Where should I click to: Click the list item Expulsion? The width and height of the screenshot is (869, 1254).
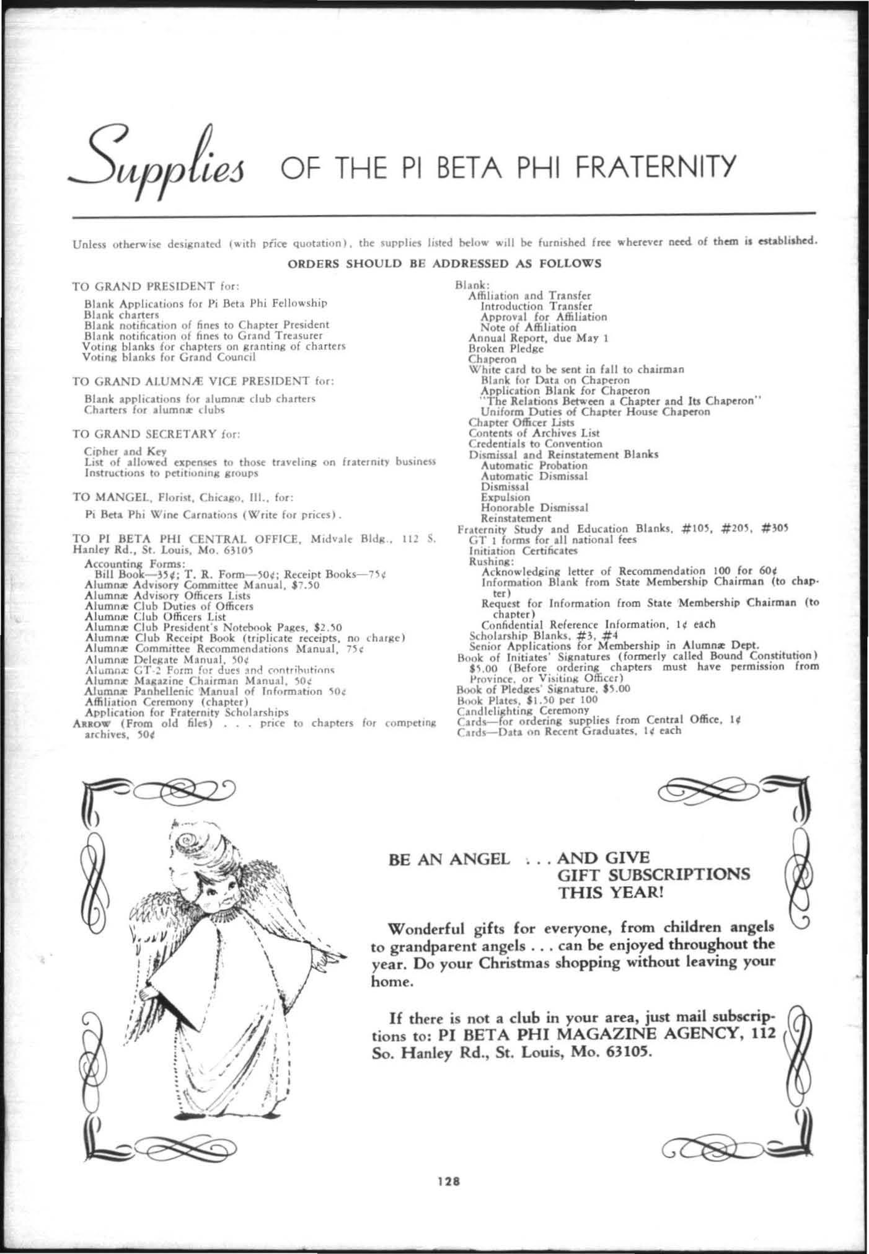point(505,497)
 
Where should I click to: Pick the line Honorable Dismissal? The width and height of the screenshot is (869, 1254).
point(534,507)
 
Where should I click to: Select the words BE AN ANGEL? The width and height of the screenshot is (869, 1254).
point(449,859)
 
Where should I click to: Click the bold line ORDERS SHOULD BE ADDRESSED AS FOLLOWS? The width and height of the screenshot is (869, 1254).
point(444,263)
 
